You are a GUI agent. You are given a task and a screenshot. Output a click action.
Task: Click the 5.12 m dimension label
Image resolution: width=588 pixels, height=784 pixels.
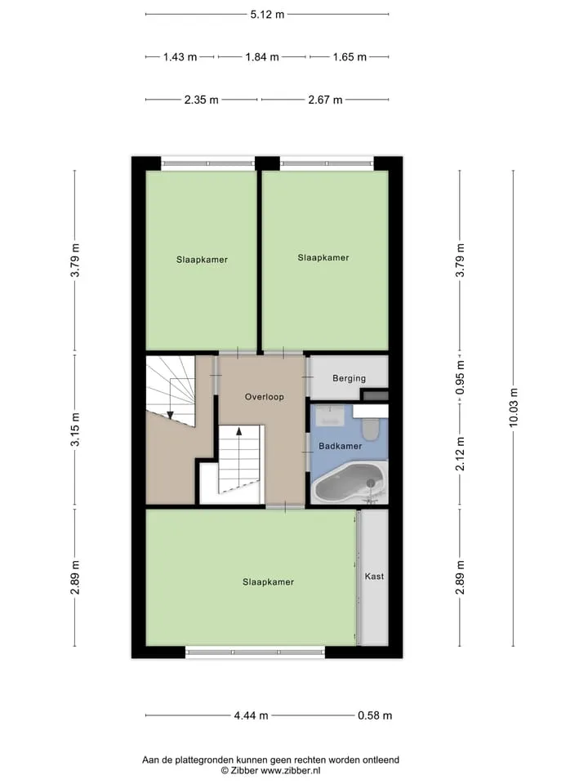(267, 15)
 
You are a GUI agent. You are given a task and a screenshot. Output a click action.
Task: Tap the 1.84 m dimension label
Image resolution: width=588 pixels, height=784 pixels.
(262, 57)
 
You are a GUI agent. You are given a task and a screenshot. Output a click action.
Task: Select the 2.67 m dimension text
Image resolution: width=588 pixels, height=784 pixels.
(325, 100)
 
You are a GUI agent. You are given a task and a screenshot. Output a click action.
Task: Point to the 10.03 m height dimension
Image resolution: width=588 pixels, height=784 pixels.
(514, 408)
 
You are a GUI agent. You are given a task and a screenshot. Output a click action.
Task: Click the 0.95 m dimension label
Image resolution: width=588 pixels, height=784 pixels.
(461, 377)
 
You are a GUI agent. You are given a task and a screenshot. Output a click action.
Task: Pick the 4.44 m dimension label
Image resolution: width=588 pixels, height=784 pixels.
(251, 715)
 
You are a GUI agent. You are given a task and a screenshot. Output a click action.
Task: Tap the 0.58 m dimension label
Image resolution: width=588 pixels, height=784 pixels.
(375, 715)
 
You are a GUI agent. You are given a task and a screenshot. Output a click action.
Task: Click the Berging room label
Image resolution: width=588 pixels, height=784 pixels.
(349, 378)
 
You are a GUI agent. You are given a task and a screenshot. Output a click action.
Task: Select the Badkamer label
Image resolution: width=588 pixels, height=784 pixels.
(340, 446)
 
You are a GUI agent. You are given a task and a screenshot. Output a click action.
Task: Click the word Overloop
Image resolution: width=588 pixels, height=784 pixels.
(264, 397)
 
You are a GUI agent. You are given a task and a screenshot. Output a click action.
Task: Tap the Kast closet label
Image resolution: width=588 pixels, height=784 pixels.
(374, 576)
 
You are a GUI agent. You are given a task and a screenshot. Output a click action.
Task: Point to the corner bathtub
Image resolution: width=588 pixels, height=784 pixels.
(350, 483)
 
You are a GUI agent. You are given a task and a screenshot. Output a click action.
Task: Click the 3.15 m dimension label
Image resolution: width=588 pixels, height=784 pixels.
(74, 430)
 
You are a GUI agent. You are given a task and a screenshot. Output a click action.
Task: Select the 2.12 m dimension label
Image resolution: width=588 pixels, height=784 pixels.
(461, 453)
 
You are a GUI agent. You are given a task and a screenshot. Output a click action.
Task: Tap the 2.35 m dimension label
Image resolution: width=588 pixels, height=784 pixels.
(201, 100)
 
